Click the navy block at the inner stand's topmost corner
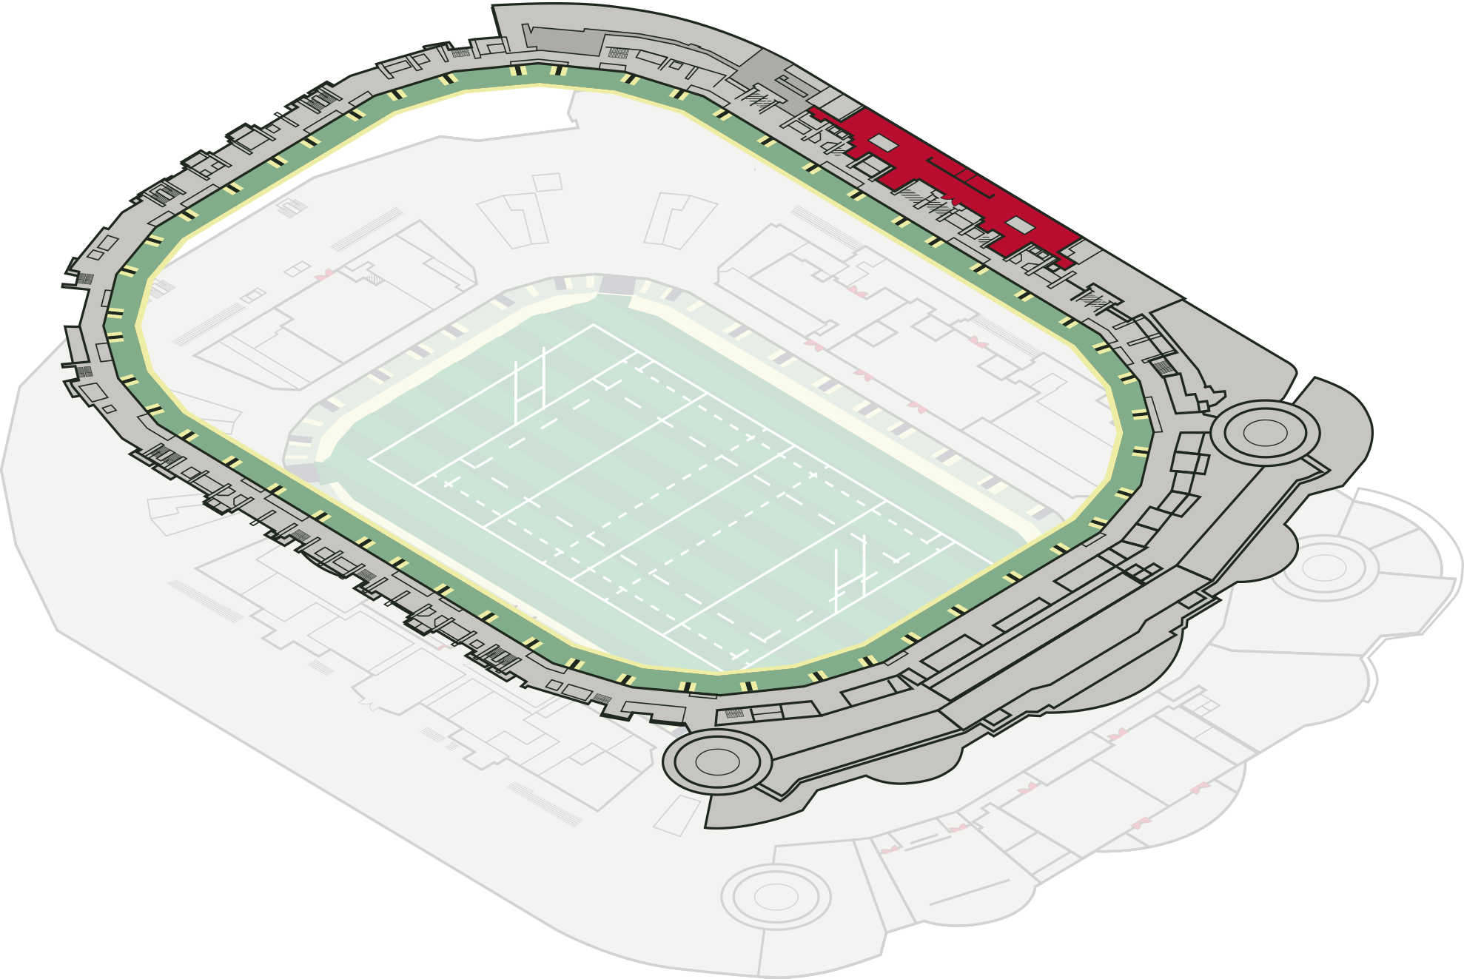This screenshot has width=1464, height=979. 617,285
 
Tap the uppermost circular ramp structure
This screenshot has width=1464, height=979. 1265,433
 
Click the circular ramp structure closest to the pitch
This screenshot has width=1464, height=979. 716,761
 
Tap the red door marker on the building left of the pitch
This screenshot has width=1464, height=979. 323,275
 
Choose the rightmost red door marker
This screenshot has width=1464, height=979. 1200,788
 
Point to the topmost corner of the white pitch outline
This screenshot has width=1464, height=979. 594,324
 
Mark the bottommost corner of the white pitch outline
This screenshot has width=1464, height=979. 721,672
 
